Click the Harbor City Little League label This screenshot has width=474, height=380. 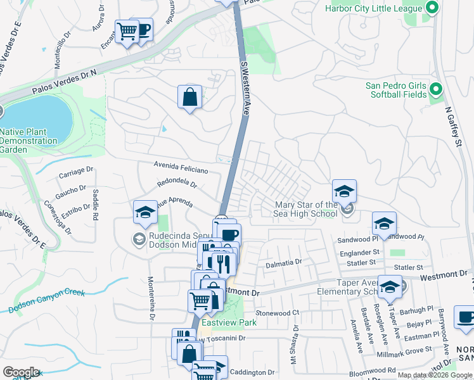click(x=373, y=8)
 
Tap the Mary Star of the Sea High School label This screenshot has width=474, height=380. click(x=306, y=209)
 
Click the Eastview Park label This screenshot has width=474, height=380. click(x=223, y=322)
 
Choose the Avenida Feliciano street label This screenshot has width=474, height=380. click(x=181, y=167)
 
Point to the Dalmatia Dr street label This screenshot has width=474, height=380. click(x=283, y=263)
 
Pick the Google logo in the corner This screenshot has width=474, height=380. click(x=20, y=372)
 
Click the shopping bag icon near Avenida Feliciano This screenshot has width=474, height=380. click(x=189, y=97)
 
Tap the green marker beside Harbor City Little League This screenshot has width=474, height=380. click(x=432, y=8)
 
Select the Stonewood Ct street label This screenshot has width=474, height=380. click(x=277, y=313)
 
